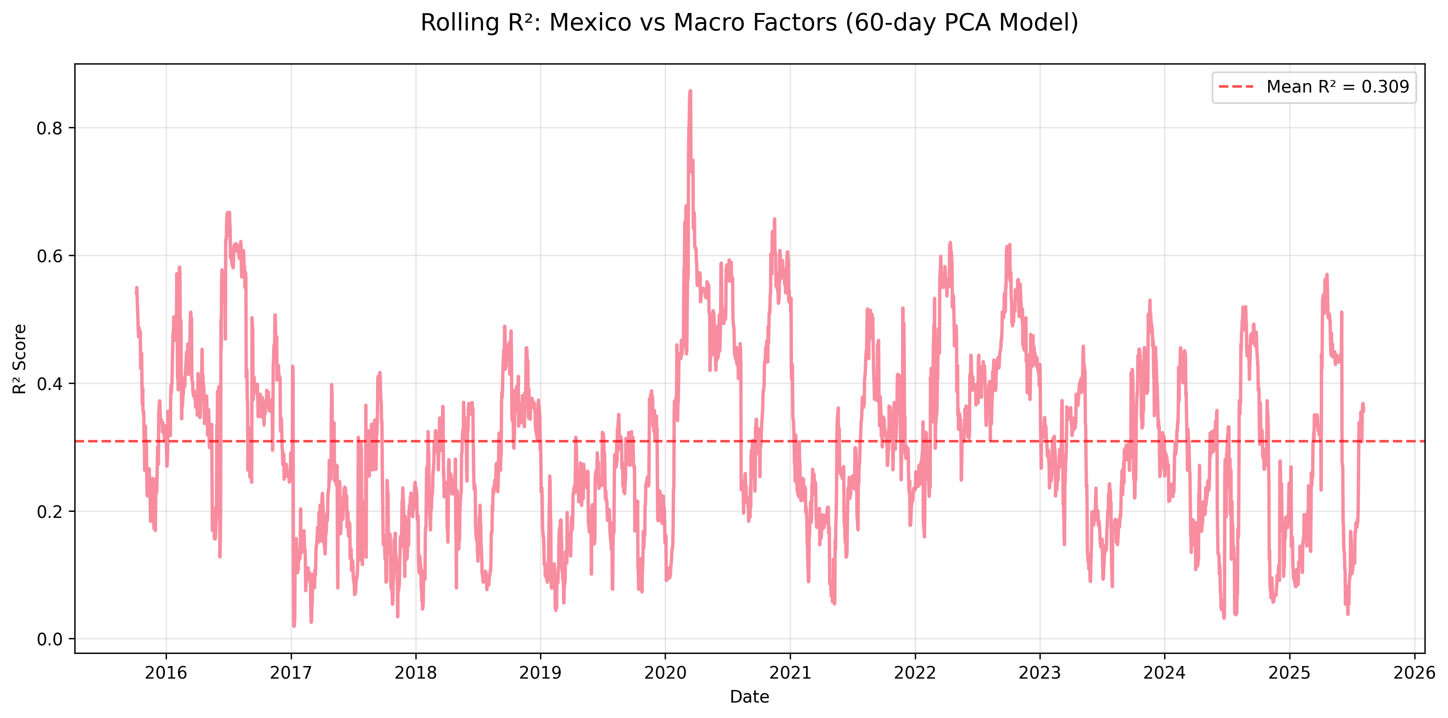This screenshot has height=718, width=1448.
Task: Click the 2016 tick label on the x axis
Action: click(166, 673)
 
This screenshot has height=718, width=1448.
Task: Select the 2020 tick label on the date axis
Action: click(665, 673)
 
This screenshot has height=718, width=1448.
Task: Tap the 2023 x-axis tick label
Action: click(1040, 673)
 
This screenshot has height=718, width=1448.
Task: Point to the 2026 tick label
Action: click(1414, 673)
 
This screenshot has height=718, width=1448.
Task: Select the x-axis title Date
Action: click(749, 696)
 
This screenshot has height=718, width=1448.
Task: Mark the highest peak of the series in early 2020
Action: click(690, 91)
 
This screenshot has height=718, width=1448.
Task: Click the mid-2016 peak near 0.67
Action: click(228, 212)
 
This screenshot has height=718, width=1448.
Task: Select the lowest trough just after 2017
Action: click(294, 626)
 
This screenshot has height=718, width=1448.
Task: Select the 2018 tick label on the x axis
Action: click(415, 673)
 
